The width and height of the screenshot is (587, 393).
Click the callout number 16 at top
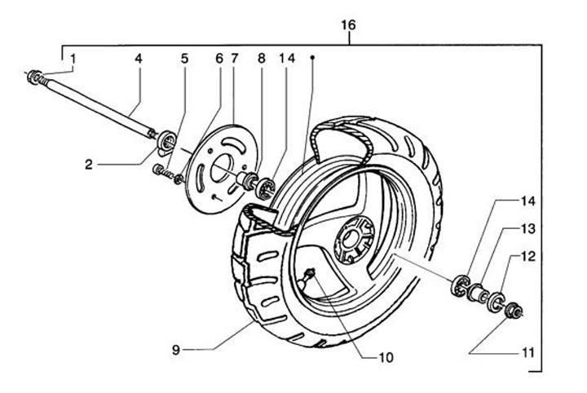coord(348,25)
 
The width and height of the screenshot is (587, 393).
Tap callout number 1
coord(73,59)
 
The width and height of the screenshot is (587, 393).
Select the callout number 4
coord(139,59)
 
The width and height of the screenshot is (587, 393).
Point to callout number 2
coord(89,165)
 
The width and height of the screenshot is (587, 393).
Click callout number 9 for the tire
coord(176,350)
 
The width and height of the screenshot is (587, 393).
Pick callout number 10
coord(386,358)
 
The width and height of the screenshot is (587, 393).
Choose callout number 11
coord(527,352)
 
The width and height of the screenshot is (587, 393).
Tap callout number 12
coord(528,256)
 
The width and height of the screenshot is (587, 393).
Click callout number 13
coord(528,228)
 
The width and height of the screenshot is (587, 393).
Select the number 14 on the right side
coord(528,201)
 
